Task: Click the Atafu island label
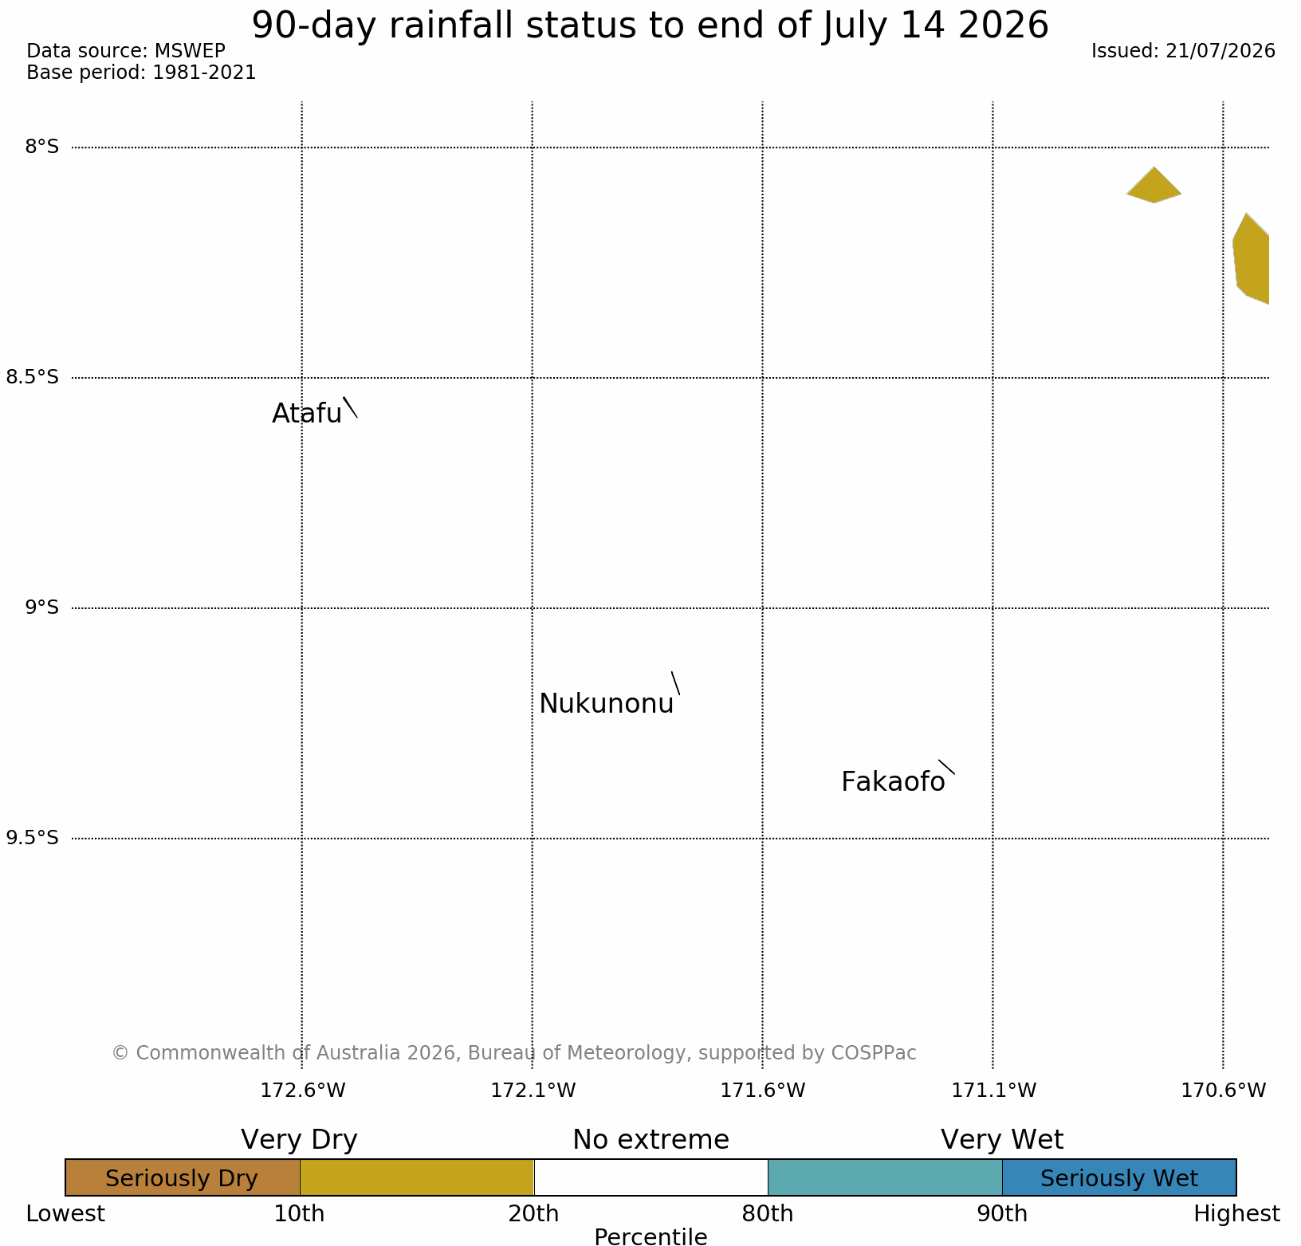[x=307, y=413]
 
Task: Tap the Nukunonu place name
[x=607, y=704]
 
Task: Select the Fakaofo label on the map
[x=893, y=782]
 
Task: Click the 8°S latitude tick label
[x=41, y=147]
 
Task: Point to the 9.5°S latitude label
[x=33, y=838]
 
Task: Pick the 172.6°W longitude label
[x=303, y=1090]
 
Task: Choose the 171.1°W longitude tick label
[x=993, y=1090]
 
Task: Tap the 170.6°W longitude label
[x=1223, y=1090]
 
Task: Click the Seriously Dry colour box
[x=183, y=1177]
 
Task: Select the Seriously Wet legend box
[x=1119, y=1177]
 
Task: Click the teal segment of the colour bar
[x=885, y=1177]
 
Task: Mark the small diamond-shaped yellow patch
[x=1154, y=186]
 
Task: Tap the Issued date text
[x=1183, y=51]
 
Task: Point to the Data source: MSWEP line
[x=126, y=51]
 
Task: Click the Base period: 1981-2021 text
[x=141, y=73]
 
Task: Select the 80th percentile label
[x=768, y=1214]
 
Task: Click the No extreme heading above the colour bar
[x=650, y=1140]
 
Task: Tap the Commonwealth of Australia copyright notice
[x=514, y=1053]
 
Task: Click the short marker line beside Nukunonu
[x=675, y=683]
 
